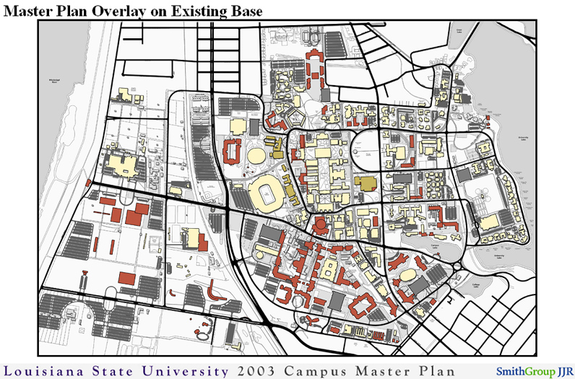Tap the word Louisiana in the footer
46,370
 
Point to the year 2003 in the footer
251,370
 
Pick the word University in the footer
178,370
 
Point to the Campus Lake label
435,247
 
